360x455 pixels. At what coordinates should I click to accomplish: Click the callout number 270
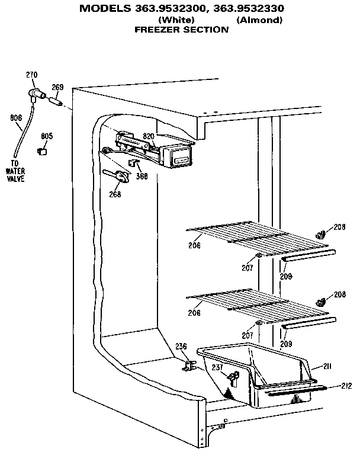pyautogui.click(x=31, y=75)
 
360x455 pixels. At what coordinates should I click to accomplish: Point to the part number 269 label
pyautogui.click(x=57, y=88)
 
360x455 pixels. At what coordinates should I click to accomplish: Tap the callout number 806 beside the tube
pyautogui.click(x=16, y=117)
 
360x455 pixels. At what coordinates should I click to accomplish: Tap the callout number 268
pyautogui.click(x=115, y=194)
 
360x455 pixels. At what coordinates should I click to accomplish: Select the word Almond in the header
pyautogui.click(x=259, y=20)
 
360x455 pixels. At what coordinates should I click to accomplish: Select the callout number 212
pyautogui.click(x=346, y=386)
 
